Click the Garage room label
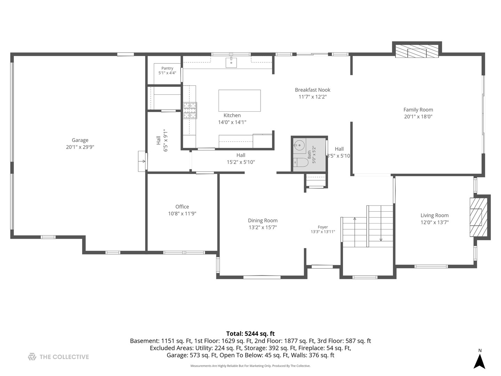(80, 140)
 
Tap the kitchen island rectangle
(239, 101)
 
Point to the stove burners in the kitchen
(190, 110)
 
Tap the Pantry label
(167, 68)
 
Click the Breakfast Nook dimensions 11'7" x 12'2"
(312, 97)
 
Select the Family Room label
(418, 110)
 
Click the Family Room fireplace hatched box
(417, 51)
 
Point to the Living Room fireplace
(478, 217)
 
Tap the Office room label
(182, 207)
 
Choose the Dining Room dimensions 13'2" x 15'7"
(263, 227)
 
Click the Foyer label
(323, 227)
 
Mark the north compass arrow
(479, 361)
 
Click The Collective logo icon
(32, 357)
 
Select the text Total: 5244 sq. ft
(250, 334)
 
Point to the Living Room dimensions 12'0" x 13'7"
(435, 222)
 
